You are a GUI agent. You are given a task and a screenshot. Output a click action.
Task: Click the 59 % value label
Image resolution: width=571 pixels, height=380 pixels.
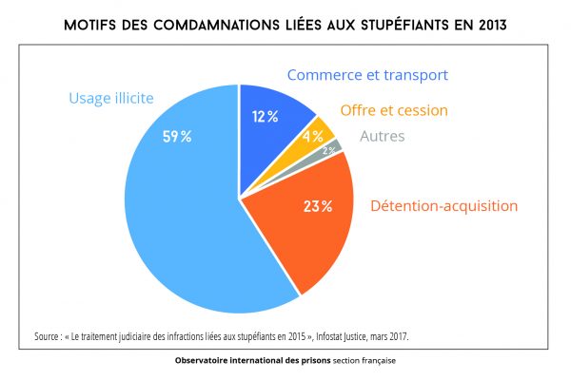click(177, 137)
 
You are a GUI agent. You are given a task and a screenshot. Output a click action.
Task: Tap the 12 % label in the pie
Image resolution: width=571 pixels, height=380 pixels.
click(266, 117)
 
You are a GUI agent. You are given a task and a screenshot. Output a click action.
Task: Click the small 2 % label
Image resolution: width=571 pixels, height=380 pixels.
click(328, 150)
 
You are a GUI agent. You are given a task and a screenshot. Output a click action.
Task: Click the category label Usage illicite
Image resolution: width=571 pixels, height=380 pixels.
click(110, 97)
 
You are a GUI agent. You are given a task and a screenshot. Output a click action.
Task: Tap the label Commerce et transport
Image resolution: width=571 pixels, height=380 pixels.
click(367, 74)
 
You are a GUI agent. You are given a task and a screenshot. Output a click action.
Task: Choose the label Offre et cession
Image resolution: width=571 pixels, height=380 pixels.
click(393, 110)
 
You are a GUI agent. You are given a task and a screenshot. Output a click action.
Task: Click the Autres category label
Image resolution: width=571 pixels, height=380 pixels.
click(382, 136)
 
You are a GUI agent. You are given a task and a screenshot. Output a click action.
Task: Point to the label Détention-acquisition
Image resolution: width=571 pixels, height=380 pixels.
click(443, 205)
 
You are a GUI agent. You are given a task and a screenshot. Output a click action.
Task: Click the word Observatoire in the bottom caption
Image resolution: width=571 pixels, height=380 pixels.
click(202, 361)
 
